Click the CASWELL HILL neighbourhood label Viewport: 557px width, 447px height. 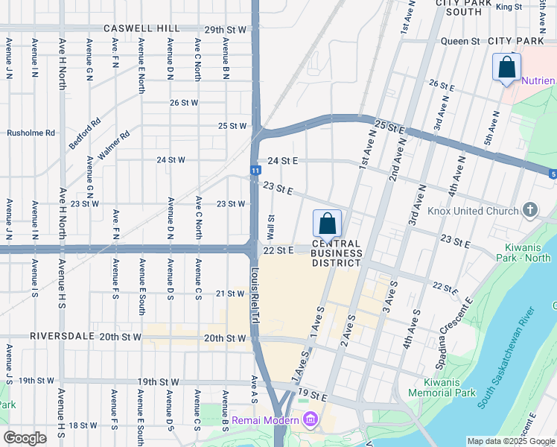pos(141,28)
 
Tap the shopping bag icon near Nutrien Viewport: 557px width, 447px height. pos(506,67)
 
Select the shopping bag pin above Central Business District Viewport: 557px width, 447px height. pos(327,223)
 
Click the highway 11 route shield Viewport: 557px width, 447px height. pos(255,171)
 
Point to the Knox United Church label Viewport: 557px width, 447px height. pos(473,211)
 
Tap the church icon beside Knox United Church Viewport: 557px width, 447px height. pos(530,210)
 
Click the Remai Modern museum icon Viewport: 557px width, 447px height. pos(309,421)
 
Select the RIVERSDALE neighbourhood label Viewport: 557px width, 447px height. pos(63,336)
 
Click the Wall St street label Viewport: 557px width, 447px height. pos(272,225)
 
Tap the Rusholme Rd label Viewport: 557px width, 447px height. pos(31,133)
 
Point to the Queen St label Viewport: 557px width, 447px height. pos(460,41)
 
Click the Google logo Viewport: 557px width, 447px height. pos(25,437)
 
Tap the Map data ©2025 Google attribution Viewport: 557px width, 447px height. pos(511,441)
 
